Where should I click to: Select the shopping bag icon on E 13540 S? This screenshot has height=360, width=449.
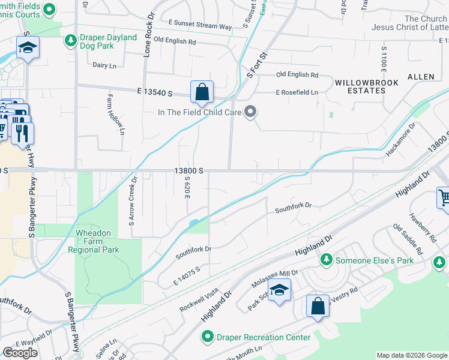click(202, 92)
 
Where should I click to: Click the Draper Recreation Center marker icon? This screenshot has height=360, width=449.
click(208, 337)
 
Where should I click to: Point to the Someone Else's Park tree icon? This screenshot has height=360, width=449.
click(326, 260)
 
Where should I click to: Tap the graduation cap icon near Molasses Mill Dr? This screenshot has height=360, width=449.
click(279, 290)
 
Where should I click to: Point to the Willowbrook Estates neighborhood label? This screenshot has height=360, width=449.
click(360, 86)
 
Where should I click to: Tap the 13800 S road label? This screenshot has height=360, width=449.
click(190, 171)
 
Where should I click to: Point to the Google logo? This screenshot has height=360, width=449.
click(20, 353)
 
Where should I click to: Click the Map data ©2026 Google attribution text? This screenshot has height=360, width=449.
click(411, 355)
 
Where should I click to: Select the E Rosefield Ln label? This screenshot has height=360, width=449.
click(297, 92)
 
